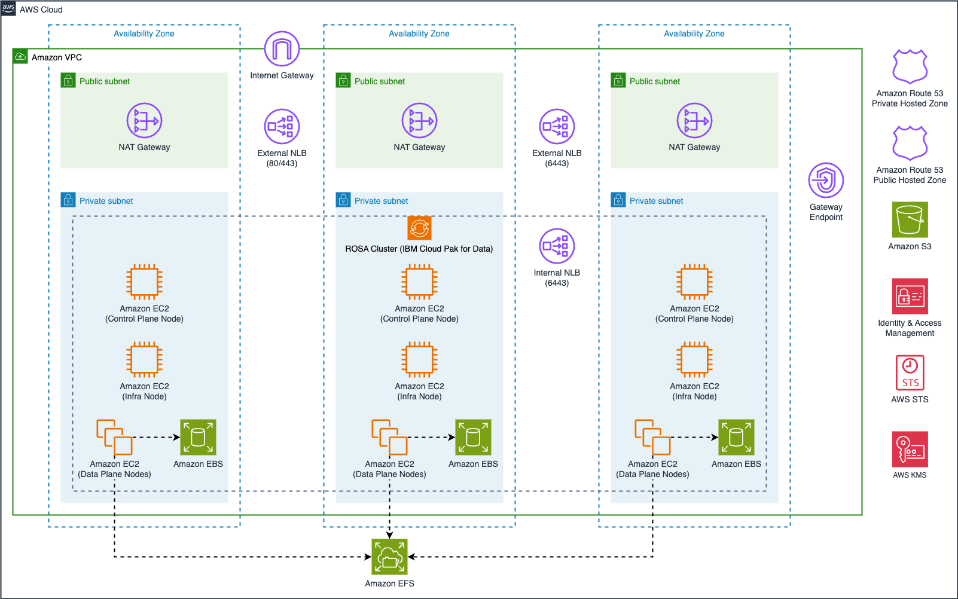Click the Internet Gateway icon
(282, 49)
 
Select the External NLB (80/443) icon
(282, 126)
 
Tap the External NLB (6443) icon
(557, 126)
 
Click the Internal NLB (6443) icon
(557, 246)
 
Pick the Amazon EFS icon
(389, 557)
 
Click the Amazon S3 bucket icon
(910, 219)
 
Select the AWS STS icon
(910, 372)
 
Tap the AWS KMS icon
(910, 449)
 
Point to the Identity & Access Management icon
(910, 296)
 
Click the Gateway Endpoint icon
(826, 180)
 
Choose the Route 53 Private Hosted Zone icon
(910, 66)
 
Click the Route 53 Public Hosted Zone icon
(910, 143)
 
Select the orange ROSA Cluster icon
(419, 228)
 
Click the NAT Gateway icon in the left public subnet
(144, 120)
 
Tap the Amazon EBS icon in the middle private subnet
(473, 437)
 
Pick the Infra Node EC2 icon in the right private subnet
(694, 359)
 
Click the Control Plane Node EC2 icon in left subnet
(144, 282)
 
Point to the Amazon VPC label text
(57, 57)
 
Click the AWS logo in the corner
(8, 8)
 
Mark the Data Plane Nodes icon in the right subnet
(652, 437)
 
